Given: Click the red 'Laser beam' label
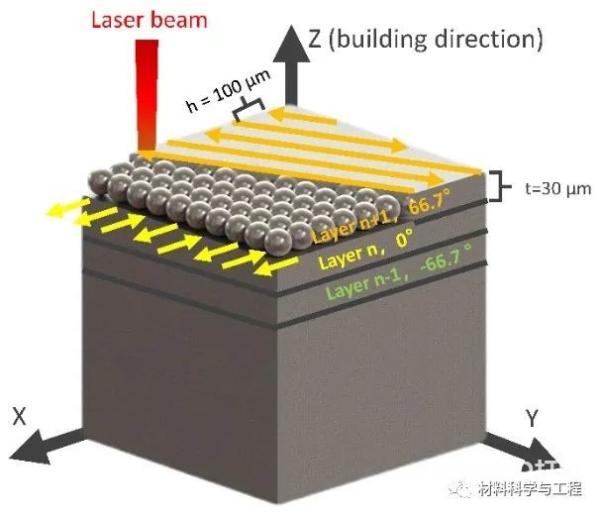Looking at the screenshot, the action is tap(150, 21).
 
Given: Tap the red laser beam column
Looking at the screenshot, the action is tap(147, 95).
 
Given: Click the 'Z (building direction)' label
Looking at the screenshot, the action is tap(426, 39).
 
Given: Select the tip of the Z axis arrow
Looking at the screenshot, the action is tap(292, 26).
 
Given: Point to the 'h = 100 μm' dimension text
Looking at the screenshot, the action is tap(229, 90).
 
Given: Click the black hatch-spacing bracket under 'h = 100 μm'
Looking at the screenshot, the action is tap(250, 108).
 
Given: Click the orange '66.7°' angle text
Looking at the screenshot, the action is tap(431, 201).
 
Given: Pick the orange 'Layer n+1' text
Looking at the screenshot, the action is tap(355, 226).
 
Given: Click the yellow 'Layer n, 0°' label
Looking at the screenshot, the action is tap(366, 249).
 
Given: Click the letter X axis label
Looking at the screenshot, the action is tap(19, 416).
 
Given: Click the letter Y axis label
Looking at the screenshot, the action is tap(532, 418).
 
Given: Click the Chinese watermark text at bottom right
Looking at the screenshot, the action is tap(530, 489).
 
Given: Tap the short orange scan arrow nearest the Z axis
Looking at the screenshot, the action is tap(302, 117).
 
